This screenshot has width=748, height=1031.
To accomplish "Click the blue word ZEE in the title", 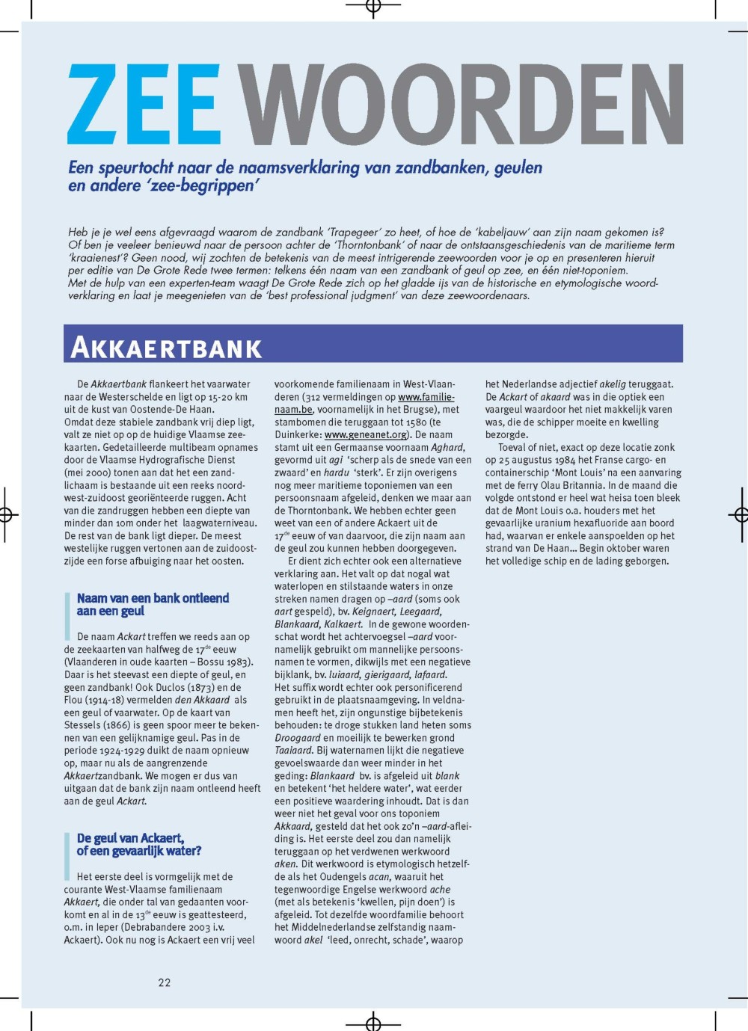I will coord(144,105).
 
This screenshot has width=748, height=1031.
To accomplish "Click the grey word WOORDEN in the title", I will coord(460,105).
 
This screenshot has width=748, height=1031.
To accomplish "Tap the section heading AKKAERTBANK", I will coord(166,348).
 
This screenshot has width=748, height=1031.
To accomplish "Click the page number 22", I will coord(165,982).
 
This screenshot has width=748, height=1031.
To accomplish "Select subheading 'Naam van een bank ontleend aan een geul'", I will coord(153,604).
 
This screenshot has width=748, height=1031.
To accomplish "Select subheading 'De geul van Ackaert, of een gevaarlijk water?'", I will coord(138,844).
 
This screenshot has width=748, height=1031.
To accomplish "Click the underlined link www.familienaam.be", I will coord(426,397).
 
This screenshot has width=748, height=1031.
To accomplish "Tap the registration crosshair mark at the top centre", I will coord(373,7).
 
